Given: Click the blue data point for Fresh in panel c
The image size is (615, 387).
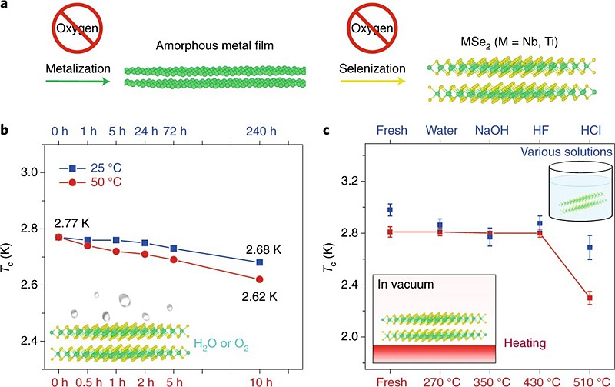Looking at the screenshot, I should coord(390,209).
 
